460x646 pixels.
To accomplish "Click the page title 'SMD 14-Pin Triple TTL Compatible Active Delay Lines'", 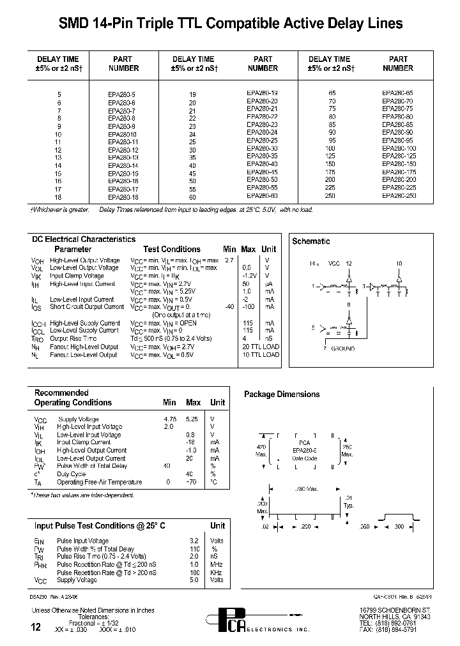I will pyautogui.click(x=231, y=24).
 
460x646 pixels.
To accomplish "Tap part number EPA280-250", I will pyautogui.click(x=399, y=196).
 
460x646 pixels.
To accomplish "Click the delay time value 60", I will pyautogui.click(x=192, y=197).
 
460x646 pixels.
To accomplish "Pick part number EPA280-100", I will pyautogui.click(x=399, y=149).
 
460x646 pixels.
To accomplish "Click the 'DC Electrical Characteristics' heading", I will pyautogui.click(x=84, y=239).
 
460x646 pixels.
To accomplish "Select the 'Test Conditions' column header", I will pyautogui.click(x=172, y=250).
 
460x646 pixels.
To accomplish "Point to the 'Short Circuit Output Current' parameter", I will pyautogui.click(x=87, y=307).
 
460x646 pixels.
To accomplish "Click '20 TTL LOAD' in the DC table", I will pyautogui.click(x=261, y=347).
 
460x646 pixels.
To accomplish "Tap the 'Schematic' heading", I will pyautogui.click(x=311, y=241).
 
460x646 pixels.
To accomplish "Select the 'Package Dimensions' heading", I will pyautogui.click(x=282, y=394).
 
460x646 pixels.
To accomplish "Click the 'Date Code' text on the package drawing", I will pyautogui.click(x=304, y=458).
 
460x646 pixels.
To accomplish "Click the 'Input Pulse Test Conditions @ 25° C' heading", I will pyautogui.click(x=100, y=525).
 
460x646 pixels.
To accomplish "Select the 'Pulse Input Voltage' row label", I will pyautogui.click(x=82, y=541).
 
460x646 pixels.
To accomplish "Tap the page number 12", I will pyautogui.click(x=37, y=628).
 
